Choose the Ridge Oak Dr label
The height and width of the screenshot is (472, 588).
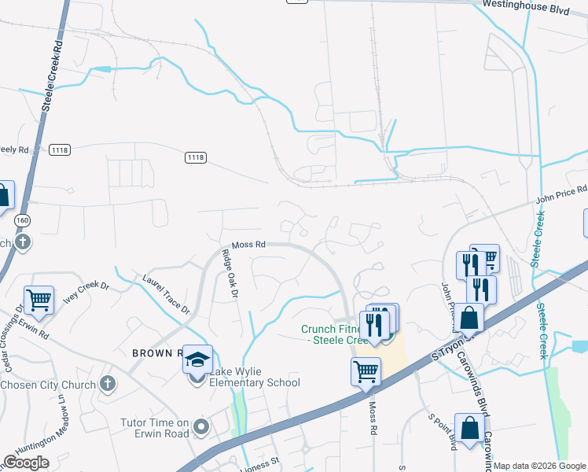tap(230, 274)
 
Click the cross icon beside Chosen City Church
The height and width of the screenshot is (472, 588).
tap(108, 384)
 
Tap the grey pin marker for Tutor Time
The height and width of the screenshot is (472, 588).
tap(202, 428)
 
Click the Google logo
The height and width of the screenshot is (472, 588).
tap(26, 463)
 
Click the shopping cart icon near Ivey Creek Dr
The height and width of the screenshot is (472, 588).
tap(39, 300)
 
